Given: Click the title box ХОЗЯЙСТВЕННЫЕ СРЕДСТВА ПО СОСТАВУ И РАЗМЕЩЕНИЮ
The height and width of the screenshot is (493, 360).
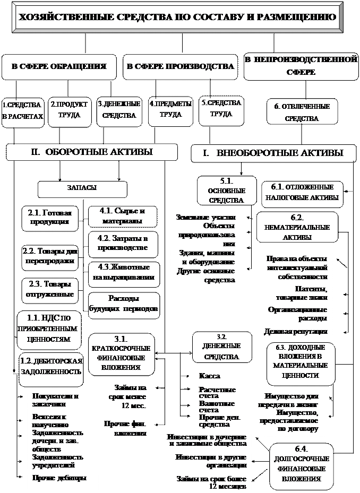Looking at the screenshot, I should click(x=177, y=18).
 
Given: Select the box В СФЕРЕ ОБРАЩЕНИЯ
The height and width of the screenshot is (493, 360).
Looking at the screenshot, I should click(x=59, y=67).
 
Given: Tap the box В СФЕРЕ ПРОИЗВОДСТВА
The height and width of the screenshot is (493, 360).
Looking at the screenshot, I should click(x=181, y=67).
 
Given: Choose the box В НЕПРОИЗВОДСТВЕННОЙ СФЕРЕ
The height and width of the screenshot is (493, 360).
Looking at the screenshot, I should click(x=301, y=66).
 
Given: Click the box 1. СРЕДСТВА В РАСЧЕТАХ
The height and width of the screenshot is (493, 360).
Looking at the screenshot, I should click(x=23, y=111).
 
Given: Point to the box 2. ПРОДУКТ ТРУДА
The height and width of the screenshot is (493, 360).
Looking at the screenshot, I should click(x=69, y=111).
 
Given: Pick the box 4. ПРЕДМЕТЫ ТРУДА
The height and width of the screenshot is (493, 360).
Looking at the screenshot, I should click(x=170, y=110).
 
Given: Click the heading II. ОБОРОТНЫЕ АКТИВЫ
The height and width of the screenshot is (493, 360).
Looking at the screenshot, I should click(x=91, y=152).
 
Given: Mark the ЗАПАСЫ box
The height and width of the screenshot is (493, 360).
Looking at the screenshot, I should click(x=82, y=188).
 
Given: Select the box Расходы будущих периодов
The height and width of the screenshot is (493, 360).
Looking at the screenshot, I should click(x=123, y=304).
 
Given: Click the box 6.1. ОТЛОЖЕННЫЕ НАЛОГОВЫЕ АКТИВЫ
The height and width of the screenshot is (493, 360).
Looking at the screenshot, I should click(x=302, y=194).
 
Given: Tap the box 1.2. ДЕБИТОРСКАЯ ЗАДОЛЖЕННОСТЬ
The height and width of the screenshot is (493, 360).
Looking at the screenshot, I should click(x=51, y=367).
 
